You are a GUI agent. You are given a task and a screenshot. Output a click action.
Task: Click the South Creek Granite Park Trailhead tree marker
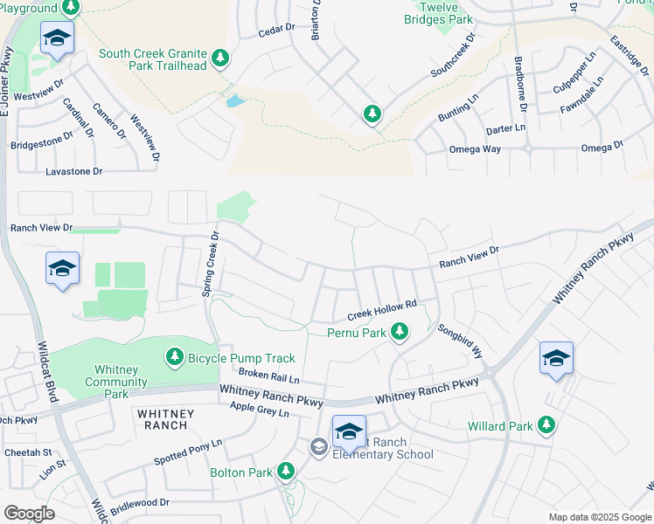(220, 59)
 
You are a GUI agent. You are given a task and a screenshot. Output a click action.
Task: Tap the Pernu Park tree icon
(400, 332)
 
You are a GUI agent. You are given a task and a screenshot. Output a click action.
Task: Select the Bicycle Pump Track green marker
(175, 357)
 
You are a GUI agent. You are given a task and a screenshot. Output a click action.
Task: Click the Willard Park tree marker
(546, 426)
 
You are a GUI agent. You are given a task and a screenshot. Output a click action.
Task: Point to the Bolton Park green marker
(286, 472)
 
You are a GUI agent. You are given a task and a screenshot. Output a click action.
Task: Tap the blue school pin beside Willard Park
(556, 359)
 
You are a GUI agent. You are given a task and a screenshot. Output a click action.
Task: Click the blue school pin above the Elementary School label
(349, 431)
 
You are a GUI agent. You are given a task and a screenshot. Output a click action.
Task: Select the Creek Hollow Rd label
(381, 309)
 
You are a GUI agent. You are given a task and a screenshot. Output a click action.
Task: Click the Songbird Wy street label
(460, 341)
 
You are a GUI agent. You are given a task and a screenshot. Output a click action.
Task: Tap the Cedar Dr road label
(275, 32)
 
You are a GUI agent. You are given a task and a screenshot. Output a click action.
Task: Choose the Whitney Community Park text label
(115, 382)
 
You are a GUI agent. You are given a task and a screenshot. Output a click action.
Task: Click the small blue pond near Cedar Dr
(235, 100)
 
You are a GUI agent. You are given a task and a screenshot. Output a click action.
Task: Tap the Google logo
(29, 513)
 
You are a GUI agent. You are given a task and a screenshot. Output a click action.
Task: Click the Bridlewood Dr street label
(140, 503)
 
